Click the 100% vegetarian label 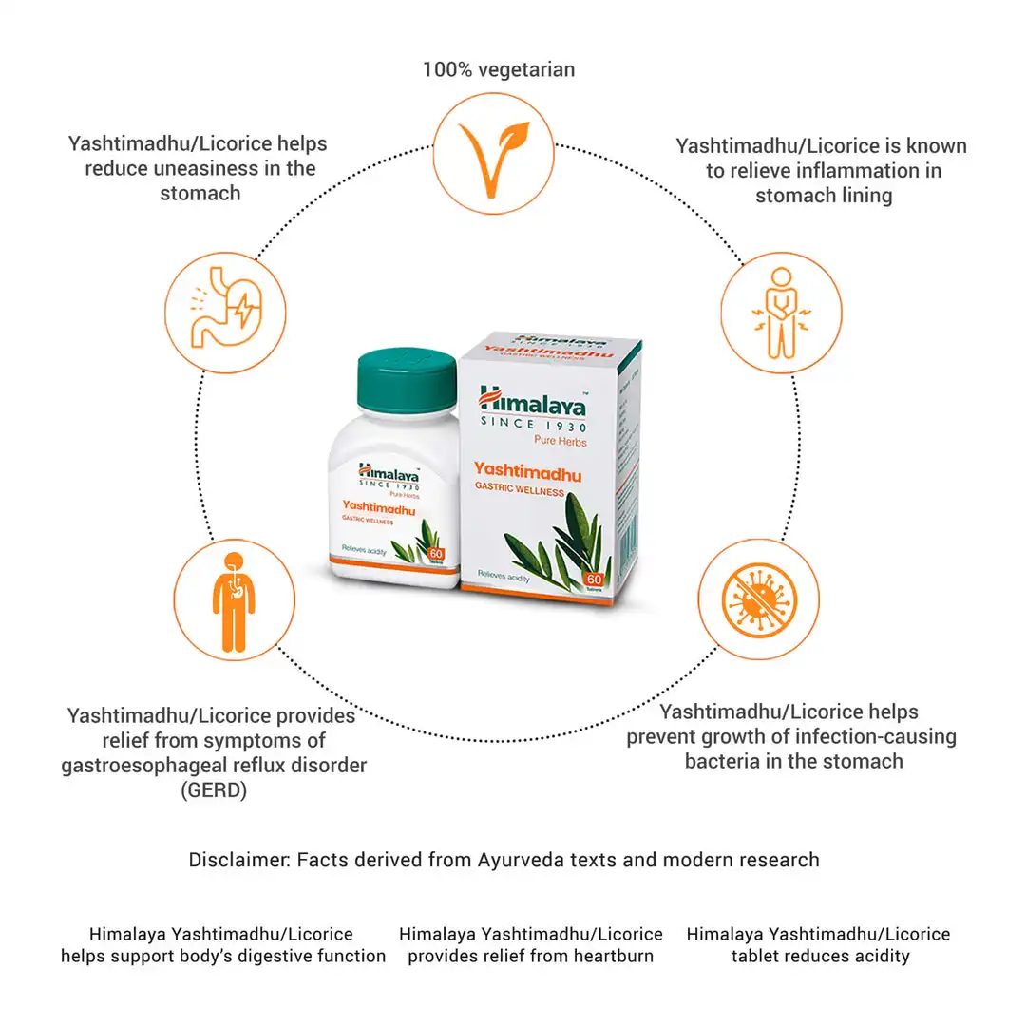(498, 69)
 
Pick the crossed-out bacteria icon (757, 599)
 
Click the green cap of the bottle (407, 379)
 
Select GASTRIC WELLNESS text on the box (520, 491)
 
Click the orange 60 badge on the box (595, 579)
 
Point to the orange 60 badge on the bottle (436, 553)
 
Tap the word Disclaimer (238, 860)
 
